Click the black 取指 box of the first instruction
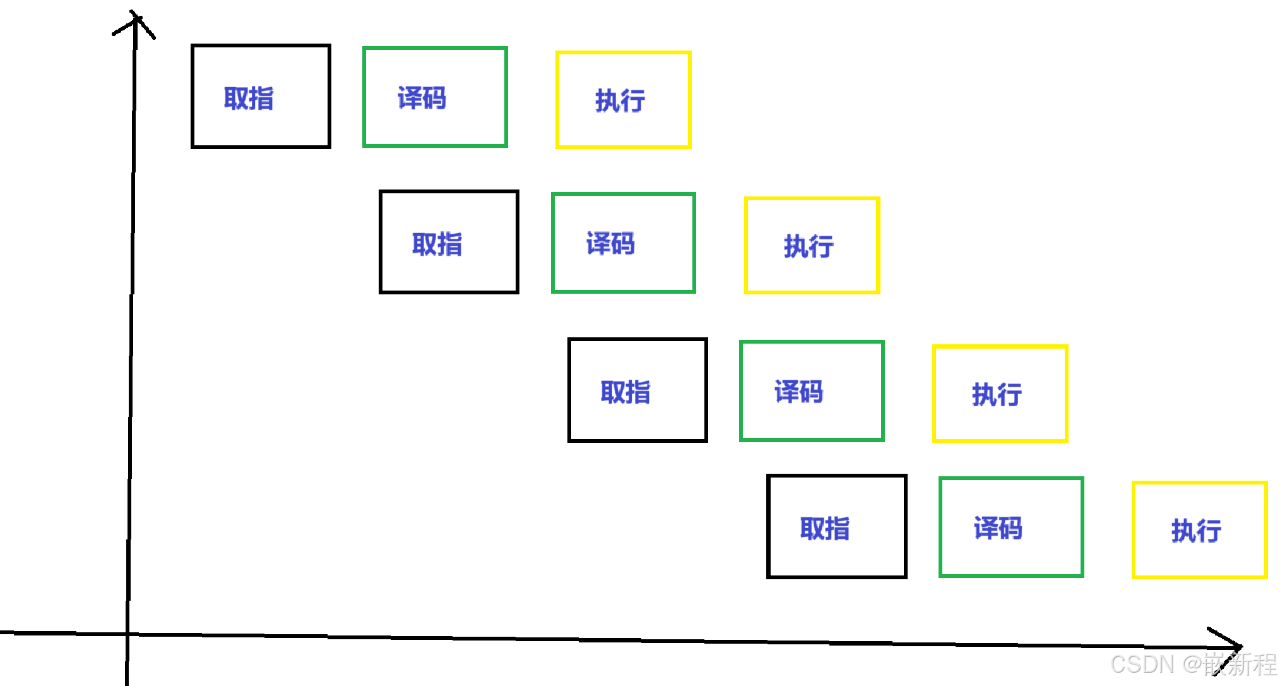pyautogui.click(x=261, y=97)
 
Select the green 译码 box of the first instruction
pyautogui.click(x=435, y=97)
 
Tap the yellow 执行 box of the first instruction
pyautogui.click(x=623, y=100)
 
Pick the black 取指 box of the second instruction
pyautogui.click(x=449, y=242)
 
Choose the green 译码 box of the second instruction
pyautogui.click(x=623, y=243)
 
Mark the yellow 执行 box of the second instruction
pyautogui.click(x=812, y=245)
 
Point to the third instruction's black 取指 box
pyautogui.click(x=637, y=390)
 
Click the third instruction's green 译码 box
pyautogui.click(x=812, y=391)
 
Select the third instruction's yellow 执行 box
pyautogui.click(x=1000, y=393)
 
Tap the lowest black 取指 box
pyautogui.click(x=836, y=526)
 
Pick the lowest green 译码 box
pyautogui.click(x=1010, y=527)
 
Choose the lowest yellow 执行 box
pyautogui.click(x=1199, y=529)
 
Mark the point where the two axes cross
pyautogui.click(x=127, y=634)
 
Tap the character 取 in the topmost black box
pyautogui.click(x=236, y=99)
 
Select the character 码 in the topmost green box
pyautogui.click(x=434, y=98)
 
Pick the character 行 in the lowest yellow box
pyautogui.click(x=1209, y=531)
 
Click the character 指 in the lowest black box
pyautogui.click(x=838, y=528)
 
